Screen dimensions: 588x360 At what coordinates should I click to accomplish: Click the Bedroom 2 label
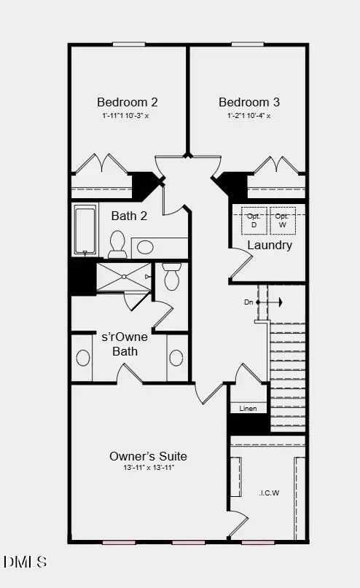pos(128,102)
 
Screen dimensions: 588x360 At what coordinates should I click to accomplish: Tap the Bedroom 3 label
pos(249,102)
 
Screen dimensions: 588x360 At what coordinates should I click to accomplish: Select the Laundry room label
pos(270,245)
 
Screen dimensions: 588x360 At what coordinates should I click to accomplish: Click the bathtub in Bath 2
pos(85,230)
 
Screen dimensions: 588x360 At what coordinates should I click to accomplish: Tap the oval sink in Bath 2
pos(146,247)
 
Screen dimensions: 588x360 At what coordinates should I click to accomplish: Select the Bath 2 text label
pos(129,216)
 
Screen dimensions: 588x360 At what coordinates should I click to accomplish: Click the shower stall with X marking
pos(124,277)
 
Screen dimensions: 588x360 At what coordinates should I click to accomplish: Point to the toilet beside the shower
pos(172,277)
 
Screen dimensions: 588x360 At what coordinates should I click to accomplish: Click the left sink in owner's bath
pos(82,358)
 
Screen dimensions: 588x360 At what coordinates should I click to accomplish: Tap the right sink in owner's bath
pos(176,358)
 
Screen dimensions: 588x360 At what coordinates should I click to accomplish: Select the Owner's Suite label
pos(148,456)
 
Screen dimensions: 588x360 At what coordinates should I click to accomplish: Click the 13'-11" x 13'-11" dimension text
pos(148,468)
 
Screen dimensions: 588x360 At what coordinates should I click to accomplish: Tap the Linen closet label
pos(248,408)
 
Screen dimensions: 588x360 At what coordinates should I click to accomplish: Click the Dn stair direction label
pos(249,302)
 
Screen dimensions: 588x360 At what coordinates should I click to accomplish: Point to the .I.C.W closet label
pos(269,493)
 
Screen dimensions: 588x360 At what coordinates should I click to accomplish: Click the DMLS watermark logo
pos(25,562)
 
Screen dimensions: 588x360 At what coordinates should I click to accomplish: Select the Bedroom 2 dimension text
pos(128,115)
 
